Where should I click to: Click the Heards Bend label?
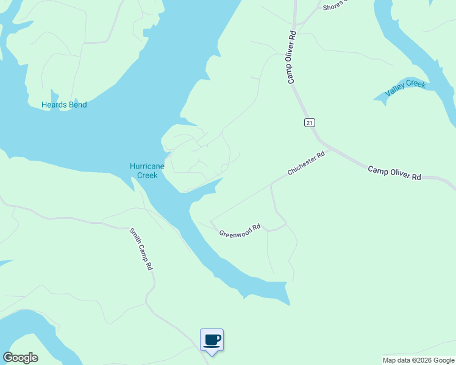click(x=64, y=105)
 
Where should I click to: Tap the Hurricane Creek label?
click(x=144, y=171)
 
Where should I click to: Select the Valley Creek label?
click(x=405, y=88)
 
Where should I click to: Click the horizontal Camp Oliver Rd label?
click(x=394, y=172)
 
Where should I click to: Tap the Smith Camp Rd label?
click(x=141, y=249)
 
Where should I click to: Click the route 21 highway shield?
click(x=310, y=122)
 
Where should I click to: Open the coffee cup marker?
click(x=212, y=339)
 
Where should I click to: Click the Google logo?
click(x=20, y=358)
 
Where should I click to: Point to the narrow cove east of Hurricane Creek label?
click(x=204, y=188)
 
